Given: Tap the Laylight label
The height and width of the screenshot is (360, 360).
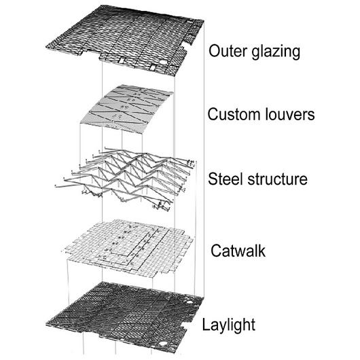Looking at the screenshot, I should pyautogui.click(x=230, y=325).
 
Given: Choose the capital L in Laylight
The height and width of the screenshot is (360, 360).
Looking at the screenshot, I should pyautogui.click(x=206, y=324).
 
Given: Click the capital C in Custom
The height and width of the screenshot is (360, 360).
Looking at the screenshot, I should pyautogui.click(x=213, y=115).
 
